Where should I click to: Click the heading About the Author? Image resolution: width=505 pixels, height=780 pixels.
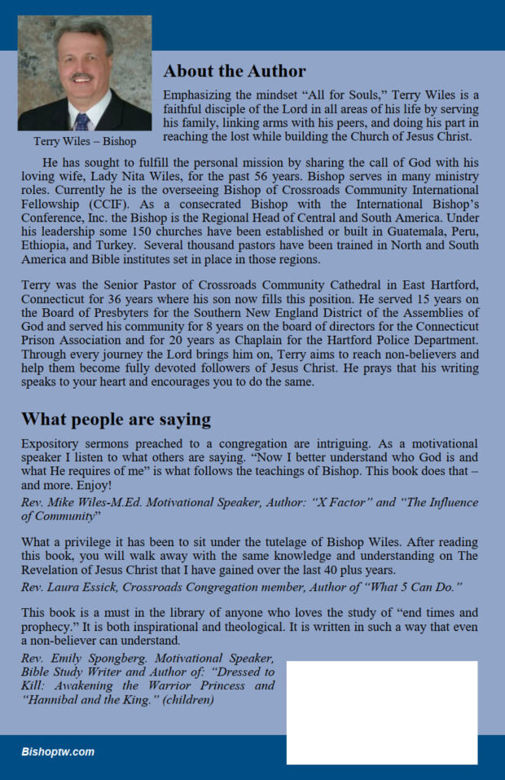(x=235, y=71)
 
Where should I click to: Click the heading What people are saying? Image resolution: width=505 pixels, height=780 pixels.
(x=115, y=420)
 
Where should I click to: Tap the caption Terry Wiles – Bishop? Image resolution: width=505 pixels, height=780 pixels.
(x=85, y=142)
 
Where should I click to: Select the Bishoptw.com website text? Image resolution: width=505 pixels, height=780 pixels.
(x=58, y=751)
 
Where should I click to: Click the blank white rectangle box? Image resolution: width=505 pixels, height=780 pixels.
(x=381, y=712)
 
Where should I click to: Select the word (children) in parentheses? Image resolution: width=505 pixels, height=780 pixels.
(x=191, y=699)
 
